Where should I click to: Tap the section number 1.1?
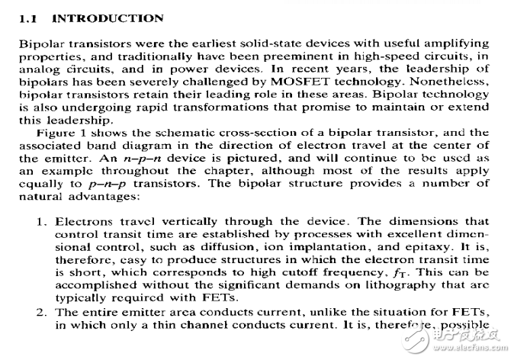pyautogui.click(x=28, y=18)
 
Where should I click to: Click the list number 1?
pyautogui.click(x=42, y=222)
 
